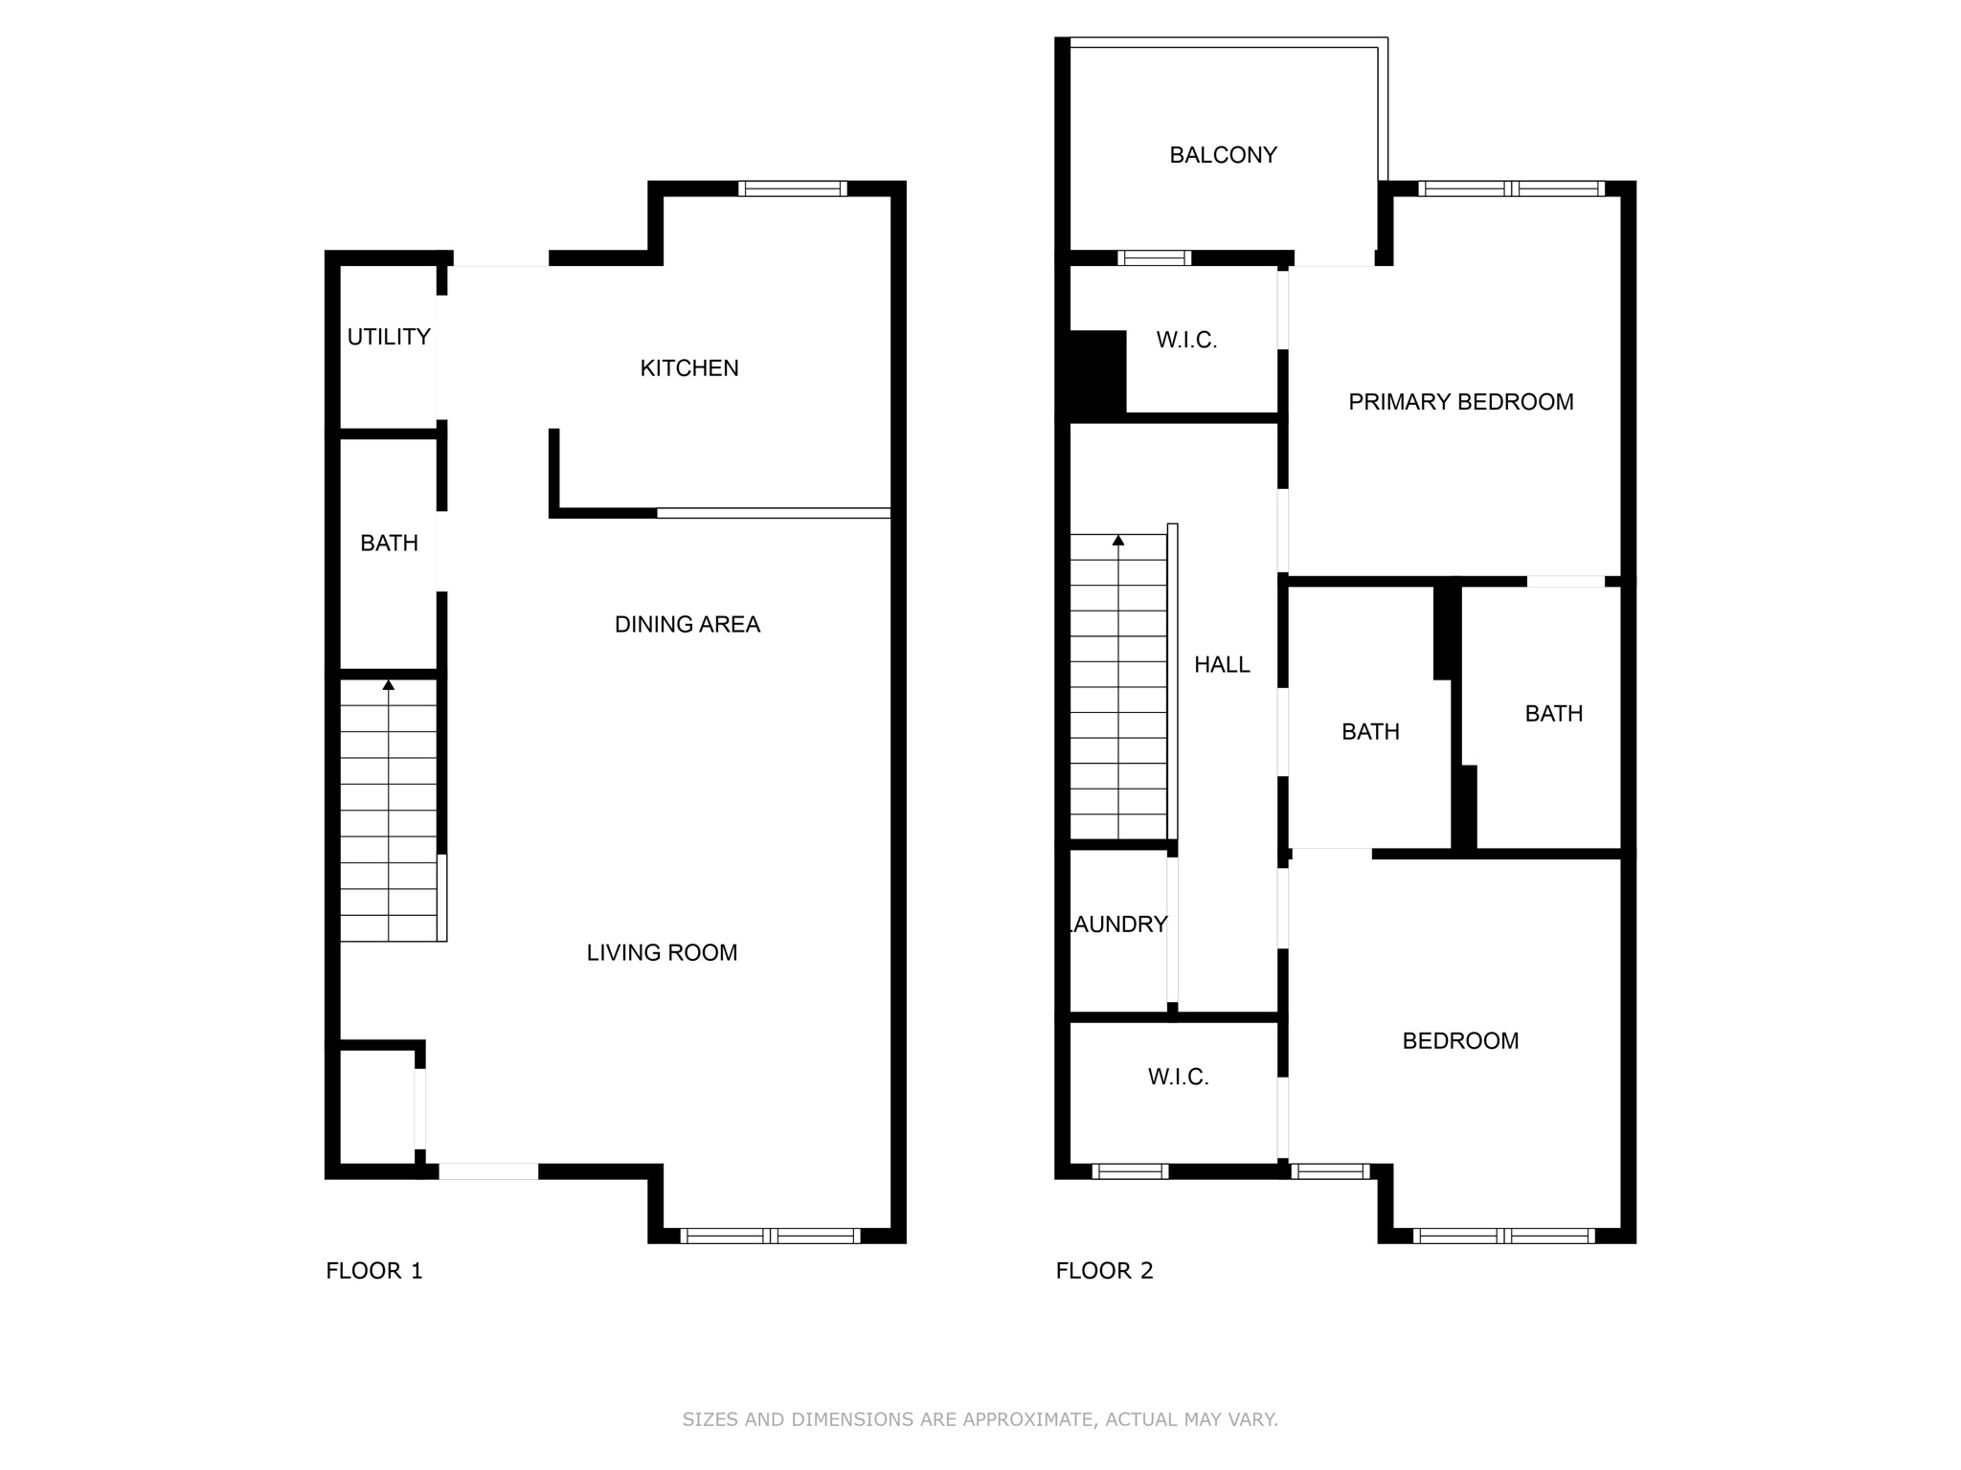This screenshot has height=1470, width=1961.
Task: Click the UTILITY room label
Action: click(x=388, y=337)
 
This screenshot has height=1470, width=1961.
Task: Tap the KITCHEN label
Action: click(x=689, y=368)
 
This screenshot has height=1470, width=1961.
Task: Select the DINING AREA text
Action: click(x=687, y=624)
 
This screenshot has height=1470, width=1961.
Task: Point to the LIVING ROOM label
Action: click(x=662, y=952)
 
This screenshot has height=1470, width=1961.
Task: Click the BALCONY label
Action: click(x=1223, y=155)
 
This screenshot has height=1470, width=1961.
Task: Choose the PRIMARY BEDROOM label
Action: click(x=1460, y=402)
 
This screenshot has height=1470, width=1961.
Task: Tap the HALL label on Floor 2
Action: click(x=1222, y=664)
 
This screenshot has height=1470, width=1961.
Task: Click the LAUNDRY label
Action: click(x=1118, y=924)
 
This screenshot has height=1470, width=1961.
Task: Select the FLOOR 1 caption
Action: click(x=373, y=1271)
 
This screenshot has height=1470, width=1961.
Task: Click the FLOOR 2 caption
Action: click(x=1104, y=1271)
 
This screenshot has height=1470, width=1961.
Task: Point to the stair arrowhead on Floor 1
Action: click(x=389, y=685)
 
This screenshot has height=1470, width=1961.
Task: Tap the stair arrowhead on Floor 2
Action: click(x=1118, y=541)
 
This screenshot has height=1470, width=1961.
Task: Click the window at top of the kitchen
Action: click(x=793, y=189)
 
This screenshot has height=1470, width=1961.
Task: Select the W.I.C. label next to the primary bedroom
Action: click(x=1186, y=340)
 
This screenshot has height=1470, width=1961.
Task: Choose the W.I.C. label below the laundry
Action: click(x=1178, y=1078)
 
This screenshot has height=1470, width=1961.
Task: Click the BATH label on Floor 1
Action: click(x=389, y=544)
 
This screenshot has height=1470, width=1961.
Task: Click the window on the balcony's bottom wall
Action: click(x=1154, y=257)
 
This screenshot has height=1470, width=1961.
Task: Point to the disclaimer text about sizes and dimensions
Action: click(x=980, y=1419)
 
